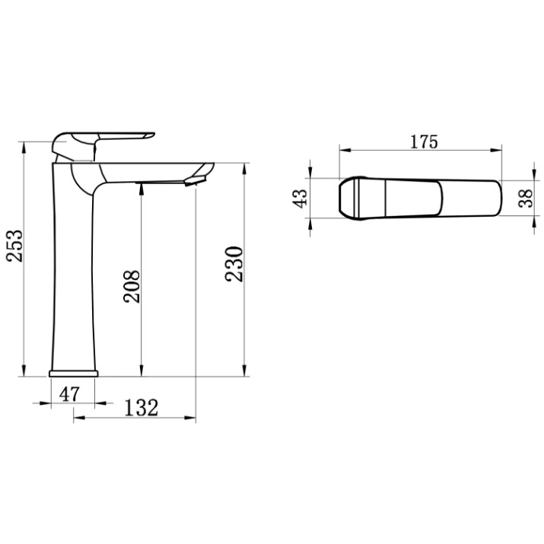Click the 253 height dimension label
[x=15, y=245]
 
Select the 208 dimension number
[x=132, y=286]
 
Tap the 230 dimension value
[x=234, y=264]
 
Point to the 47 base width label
[x=69, y=394]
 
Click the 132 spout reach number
[x=142, y=408]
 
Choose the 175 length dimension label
[x=424, y=142]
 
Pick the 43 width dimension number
[x=301, y=198]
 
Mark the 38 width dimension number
[x=525, y=198]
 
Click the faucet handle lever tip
[x=152, y=134]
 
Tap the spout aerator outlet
[x=195, y=181]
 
